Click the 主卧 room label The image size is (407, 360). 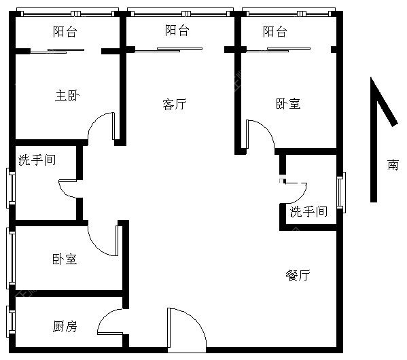click(67, 96)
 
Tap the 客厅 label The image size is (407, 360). click(175, 104)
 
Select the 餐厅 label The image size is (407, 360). click(298, 275)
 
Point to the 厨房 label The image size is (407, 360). click(65, 326)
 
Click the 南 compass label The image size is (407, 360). click(393, 164)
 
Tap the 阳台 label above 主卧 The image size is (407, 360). click(65, 31)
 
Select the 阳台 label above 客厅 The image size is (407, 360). click(177, 30)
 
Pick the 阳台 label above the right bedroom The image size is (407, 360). click(275, 31)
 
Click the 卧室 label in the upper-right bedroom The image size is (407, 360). click(288, 103)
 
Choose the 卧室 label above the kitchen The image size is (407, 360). click(65, 259)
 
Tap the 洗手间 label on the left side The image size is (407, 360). click(37, 160)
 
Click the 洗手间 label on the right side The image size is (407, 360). click(308, 211)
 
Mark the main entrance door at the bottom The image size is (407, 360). click(187, 330)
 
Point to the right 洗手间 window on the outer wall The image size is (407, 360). click(341, 192)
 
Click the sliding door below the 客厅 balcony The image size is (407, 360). click(169, 50)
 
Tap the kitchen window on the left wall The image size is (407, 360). click(11, 321)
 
